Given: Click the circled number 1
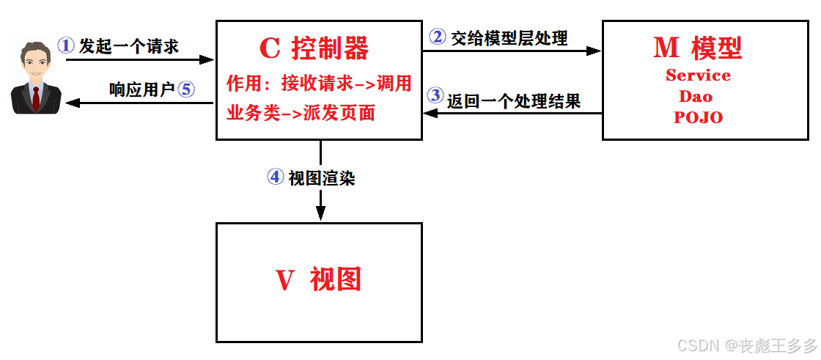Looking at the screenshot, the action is click(x=67, y=45).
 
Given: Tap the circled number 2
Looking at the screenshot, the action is click(x=438, y=36).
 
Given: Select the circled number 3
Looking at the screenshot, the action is click(x=435, y=95).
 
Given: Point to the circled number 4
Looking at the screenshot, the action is click(x=275, y=177).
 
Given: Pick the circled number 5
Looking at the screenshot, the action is click(x=185, y=89).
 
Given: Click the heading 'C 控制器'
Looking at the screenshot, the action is click(x=314, y=48).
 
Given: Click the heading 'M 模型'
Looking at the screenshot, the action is click(x=697, y=48).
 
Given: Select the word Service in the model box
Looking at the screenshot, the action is click(x=698, y=76).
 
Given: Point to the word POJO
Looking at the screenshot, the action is click(x=698, y=117).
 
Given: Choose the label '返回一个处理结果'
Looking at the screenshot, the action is click(x=514, y=101).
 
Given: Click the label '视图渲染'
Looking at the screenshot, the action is click(x=322, y=178).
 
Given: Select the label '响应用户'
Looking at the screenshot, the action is click(x=141, y=89).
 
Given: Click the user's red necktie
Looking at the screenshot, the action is click(x=36, y=99).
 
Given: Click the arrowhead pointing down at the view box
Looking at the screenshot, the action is click(x=320, y=213).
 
